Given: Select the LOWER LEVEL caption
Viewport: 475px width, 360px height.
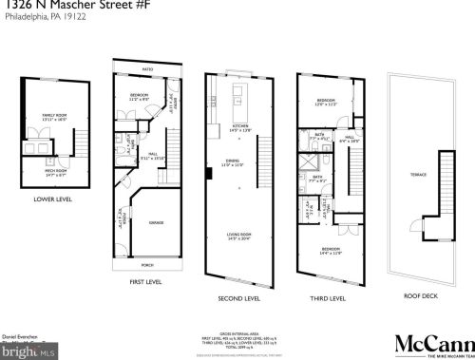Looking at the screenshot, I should point(53,199).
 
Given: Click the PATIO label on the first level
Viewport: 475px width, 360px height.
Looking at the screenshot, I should point(147,69).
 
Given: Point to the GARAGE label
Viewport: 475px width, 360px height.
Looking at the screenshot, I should point(156,222).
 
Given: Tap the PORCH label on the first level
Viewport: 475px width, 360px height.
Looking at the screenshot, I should point(147,265).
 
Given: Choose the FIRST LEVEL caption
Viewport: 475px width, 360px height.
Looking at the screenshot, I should point(147,282).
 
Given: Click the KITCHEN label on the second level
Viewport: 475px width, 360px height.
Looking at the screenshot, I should point(241,126).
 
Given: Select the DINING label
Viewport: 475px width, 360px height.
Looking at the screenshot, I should point(241,162).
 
